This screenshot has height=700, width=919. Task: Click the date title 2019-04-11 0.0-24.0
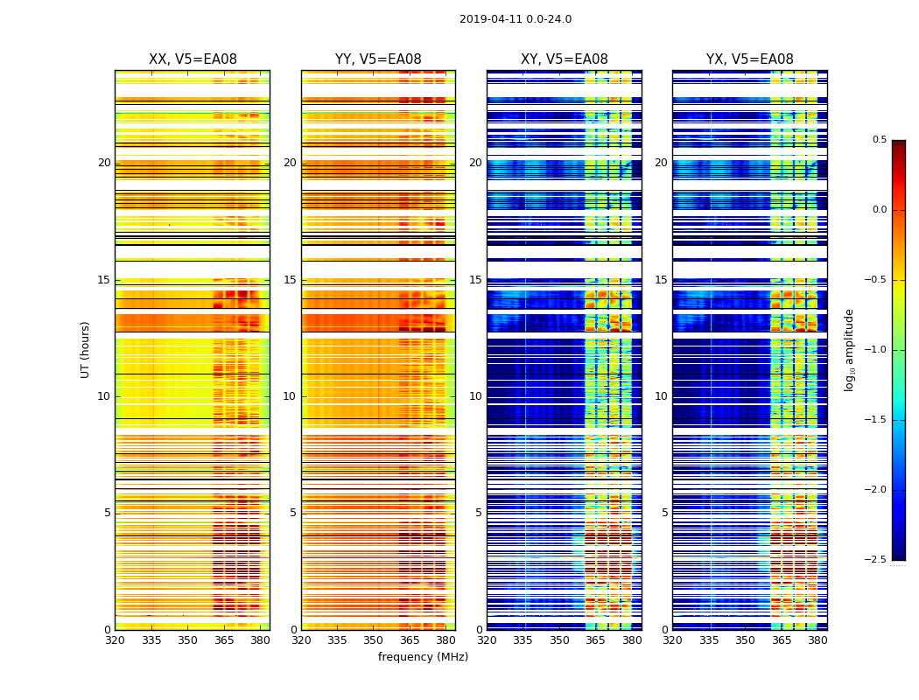pyautogui.click(x=515, y=19)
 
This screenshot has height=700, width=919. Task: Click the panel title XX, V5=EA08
pyautogui.click(x=193, y=59)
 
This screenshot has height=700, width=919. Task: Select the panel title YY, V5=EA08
pyautogui.click(x=378, y=59)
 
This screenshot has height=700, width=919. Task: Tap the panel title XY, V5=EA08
pyautogui.click(x=565, y=59)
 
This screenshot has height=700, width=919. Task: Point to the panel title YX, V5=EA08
pyautogui.click(x=750, y=59)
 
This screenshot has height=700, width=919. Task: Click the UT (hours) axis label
pyautogui.click(x=86, y=349)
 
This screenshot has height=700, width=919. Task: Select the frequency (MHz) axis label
pyautogui.click(x=423, y=657)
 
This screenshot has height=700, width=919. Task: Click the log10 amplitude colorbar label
pyautogui.click(x=850, y=349)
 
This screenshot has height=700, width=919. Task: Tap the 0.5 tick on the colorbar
pyautogui.click(x=879, y=140)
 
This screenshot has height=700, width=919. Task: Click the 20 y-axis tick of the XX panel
pyautogui.click(x=104, y=163)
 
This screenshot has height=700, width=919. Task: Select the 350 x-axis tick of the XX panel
pyautogui.click(x=187, y=640)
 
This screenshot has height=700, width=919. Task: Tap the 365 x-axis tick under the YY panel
pyautogui.click(x=410, y=640)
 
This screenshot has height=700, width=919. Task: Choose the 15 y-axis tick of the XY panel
pyautogui.click(x=475, y=280)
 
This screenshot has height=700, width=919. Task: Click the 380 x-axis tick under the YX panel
pyautogui.click(x=817, y=640)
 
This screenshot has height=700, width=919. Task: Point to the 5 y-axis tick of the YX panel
pyautogui.click(x=664, y=513)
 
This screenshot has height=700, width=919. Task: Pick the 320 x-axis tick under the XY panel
pyautogui.click(x=487, y=640)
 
